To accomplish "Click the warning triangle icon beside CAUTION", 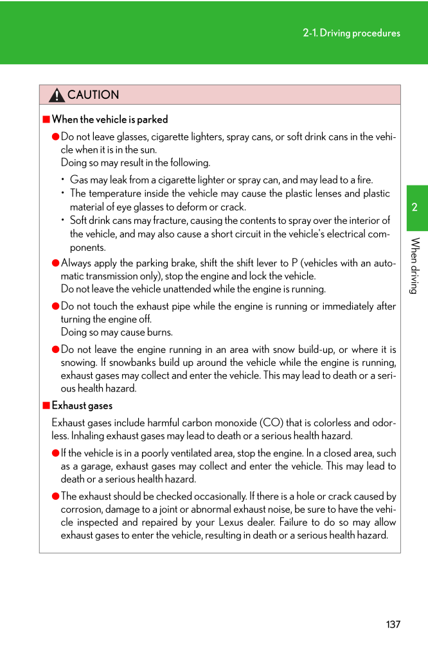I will [57, 96].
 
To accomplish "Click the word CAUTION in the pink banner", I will [93, 95].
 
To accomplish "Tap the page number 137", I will [393, 624].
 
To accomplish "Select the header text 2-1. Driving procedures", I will [351, 33].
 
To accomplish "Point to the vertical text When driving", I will [415, 266].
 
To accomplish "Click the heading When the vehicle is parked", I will [110, 119].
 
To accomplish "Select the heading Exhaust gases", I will [82, 406].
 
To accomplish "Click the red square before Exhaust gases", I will [46, 406].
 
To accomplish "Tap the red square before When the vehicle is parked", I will [46, 119].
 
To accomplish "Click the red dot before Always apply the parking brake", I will [56, 263].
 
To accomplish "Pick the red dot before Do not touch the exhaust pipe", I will [56, 306].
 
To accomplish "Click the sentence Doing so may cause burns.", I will [117, 332].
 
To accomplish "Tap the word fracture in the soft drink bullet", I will [153, 221].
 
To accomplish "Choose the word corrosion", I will [82, 510].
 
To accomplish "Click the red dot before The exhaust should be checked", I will [56, 497].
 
